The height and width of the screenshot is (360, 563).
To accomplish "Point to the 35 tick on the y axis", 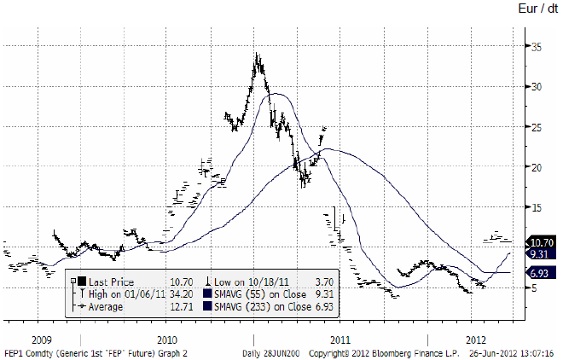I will (x=536, y=47).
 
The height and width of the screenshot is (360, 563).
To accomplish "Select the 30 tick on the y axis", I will (x=536, y=87).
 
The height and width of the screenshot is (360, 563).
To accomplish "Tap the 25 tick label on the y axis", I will (x=536, y=127).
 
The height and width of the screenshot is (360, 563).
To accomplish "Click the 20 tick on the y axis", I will (x=536, y=167).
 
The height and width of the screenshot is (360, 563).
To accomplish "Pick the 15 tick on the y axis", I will (x=536, y=207).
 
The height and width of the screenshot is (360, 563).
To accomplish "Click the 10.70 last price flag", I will (x=542, y=242).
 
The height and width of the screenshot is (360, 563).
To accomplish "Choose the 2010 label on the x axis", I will (x=167, y=325).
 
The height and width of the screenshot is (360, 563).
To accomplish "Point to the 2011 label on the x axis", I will (x=340, y=325).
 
